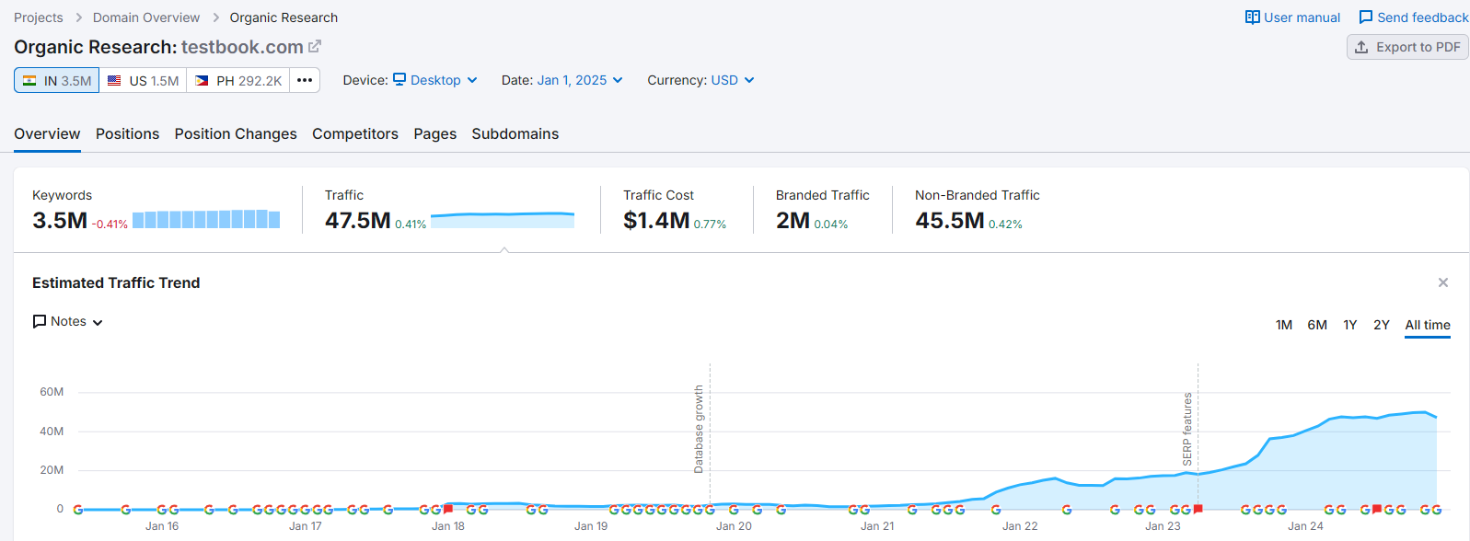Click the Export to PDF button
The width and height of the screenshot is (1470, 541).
pos(1407,47)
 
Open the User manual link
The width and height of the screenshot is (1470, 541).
pos(1292,17)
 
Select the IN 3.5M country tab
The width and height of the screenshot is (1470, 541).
pos(57,81)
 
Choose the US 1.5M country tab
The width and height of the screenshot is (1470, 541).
pos(143,81)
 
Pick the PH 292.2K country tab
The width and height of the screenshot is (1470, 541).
pos(238,81)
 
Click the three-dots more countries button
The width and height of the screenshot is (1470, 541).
pos(305,81)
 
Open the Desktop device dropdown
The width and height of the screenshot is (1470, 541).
pos(435,80)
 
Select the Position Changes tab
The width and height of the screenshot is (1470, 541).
pos(236,133)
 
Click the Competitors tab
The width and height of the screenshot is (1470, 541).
pos(355,133)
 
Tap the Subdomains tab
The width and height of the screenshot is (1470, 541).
pos(515,133)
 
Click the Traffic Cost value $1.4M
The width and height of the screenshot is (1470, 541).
pos(656,221)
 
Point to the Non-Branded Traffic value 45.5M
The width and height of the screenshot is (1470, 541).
pos(949,221)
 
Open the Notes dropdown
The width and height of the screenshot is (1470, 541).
pos(68,321)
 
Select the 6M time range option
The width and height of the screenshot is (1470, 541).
pos(1316,325)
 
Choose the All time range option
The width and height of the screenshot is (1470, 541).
pos(1427,325)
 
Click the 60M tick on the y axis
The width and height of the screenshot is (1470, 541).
pos(52,392)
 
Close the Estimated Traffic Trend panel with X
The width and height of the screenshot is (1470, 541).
pos(1442,282)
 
